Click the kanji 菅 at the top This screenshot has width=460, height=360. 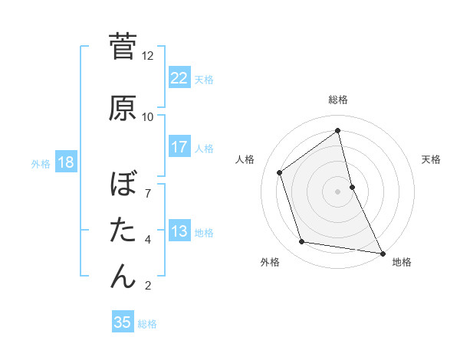123,47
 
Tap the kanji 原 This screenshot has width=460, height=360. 123,107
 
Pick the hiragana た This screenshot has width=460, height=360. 123,230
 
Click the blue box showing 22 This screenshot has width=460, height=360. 179,78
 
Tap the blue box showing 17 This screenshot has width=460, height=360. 179,147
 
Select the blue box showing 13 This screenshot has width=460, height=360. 179,231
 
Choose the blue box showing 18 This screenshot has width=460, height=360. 65,162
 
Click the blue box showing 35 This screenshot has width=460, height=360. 123,322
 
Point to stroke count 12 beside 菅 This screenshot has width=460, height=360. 148,56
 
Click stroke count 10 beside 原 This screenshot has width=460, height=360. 148,117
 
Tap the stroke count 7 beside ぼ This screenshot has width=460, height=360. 148,185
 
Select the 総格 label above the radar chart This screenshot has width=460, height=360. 338,100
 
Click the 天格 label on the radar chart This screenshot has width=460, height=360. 431,159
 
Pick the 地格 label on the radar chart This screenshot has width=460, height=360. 402,263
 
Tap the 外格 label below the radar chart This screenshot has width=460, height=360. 270,263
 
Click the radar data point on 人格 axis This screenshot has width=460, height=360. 280,172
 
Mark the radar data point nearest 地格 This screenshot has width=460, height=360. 381,252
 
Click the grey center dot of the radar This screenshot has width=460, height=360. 338,191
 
